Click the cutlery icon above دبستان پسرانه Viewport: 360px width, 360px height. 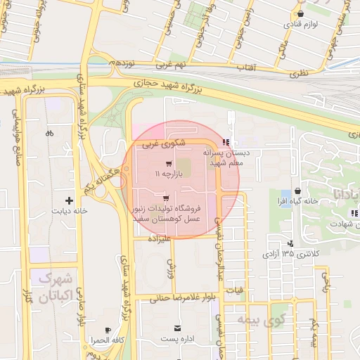225,143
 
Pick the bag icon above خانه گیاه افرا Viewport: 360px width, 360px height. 299,190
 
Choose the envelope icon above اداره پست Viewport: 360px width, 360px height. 176,328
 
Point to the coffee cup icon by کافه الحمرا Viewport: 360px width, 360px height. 108,330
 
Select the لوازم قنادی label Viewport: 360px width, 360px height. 301,23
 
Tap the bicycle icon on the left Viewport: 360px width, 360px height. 49,133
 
